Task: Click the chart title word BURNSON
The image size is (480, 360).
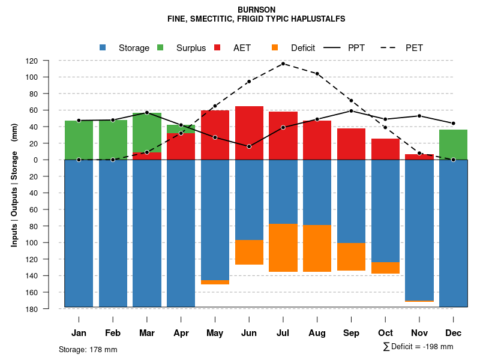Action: (x=256, y=10)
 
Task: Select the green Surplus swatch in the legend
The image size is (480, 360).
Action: (x=160, y=48)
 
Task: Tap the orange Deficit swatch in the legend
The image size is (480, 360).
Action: (x=275, y=48)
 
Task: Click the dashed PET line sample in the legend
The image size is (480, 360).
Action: (x=391, y=48)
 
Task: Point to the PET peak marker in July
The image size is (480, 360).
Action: (x=283, y=64)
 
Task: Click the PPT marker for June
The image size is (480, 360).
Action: (x=249, y=146)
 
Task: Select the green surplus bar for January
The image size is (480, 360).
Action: (x=79, y=140)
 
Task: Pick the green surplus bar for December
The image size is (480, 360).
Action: (x=453, y=145)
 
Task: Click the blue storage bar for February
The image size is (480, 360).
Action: (x=113, y=233)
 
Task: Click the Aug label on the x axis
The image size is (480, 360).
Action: (x=317, y=333)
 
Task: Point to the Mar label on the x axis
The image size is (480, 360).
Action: (x=147, y=333)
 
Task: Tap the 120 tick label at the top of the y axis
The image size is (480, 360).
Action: (x=49, y=61)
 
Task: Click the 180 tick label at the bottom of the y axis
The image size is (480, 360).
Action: (x=49, y=309)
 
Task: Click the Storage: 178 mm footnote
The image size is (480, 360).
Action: (x=88, y=349)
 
